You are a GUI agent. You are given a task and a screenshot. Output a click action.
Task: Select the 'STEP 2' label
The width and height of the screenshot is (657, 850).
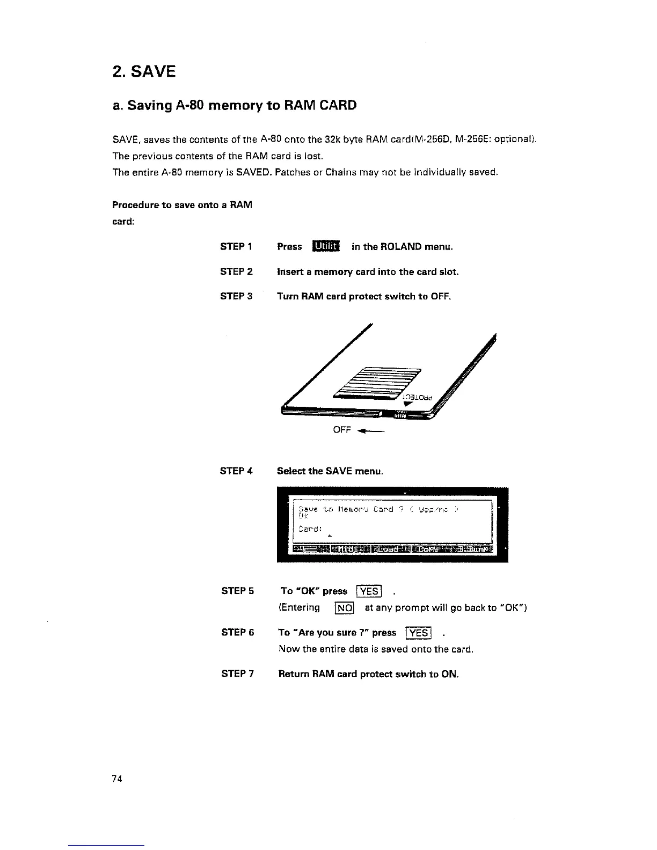click(236, 272)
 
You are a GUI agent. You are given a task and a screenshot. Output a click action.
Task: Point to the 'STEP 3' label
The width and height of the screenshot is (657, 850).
click(236, 296)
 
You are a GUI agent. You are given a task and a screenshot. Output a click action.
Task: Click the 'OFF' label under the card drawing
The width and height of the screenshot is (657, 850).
click(342, 430)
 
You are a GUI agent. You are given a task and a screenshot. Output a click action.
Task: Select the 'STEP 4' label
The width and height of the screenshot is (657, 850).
click(236, 471)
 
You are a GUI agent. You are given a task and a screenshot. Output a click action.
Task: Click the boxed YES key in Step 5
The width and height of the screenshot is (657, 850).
click(369, 591)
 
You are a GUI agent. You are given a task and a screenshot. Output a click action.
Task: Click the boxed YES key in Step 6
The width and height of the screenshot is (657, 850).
click(418, 633)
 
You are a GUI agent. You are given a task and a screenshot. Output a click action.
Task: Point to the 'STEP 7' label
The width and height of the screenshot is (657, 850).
click(237, 674)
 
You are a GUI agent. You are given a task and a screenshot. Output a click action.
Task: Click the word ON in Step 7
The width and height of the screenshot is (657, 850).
click(449, 674)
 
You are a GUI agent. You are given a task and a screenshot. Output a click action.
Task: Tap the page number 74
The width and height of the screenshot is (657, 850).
click(118, 779)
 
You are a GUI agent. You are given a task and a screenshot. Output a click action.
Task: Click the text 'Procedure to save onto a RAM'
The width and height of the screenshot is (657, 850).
click(182, 205)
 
